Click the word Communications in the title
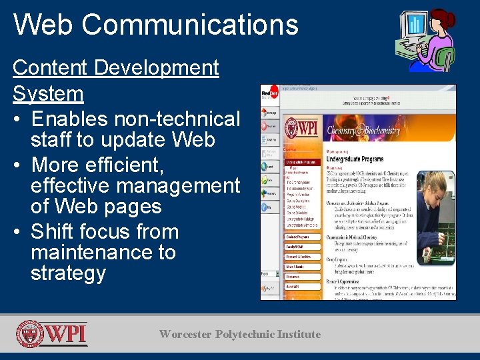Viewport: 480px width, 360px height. pos(190,24)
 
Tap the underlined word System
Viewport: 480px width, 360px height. pos(48,93)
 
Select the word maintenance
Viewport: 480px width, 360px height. pos(103,253)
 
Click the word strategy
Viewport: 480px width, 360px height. pos(68,273)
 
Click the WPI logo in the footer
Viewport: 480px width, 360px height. pos(52,334)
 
